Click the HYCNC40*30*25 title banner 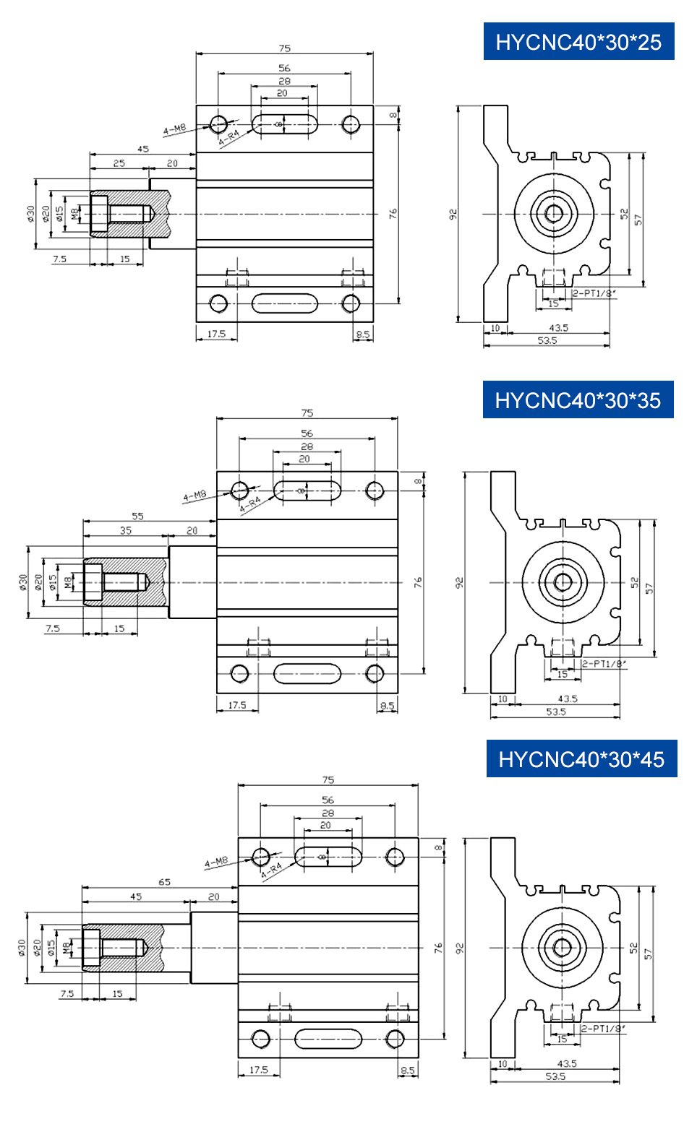tap(578, 42)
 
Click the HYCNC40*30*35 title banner tap(578, 400)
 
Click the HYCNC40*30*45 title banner tap(581, 759)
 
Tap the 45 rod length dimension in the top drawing tap(143, 149)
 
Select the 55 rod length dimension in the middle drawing tap(137, 516)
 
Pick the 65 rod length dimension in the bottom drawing tap(165, 882)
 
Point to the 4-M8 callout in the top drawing tap(174, 129)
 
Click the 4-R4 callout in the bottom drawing tap(271, 868)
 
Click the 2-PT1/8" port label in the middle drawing tap(604, 663)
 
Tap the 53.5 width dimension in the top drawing tap(547, 340)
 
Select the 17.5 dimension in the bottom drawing tap(258, 1070)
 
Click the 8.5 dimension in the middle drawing tap(387, 706)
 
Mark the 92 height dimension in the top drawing tap(453, 214)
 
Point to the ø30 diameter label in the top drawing tap(31, 213)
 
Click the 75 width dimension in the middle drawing tap(307, 413)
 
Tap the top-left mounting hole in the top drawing tap(218, 124)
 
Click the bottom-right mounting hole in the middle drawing tap(375, 674)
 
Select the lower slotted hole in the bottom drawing tap(328, 1039)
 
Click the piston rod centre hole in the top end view tap(554, 213)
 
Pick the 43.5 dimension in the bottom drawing tap(567, 1063)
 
